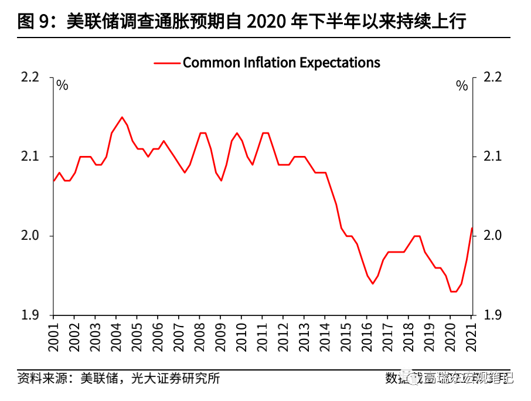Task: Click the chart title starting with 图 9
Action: [241, 22]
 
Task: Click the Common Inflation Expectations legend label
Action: [281, 62]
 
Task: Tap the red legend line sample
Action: [166, 63]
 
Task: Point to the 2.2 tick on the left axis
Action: [30, 77]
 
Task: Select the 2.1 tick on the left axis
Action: [30, 157]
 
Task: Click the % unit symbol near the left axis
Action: [62, 86]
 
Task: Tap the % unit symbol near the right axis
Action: [462, 86]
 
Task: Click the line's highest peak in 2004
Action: [122, 117]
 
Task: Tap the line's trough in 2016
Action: [372, 284]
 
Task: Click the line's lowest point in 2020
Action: [453, 291]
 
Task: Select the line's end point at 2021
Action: [472, 228]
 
